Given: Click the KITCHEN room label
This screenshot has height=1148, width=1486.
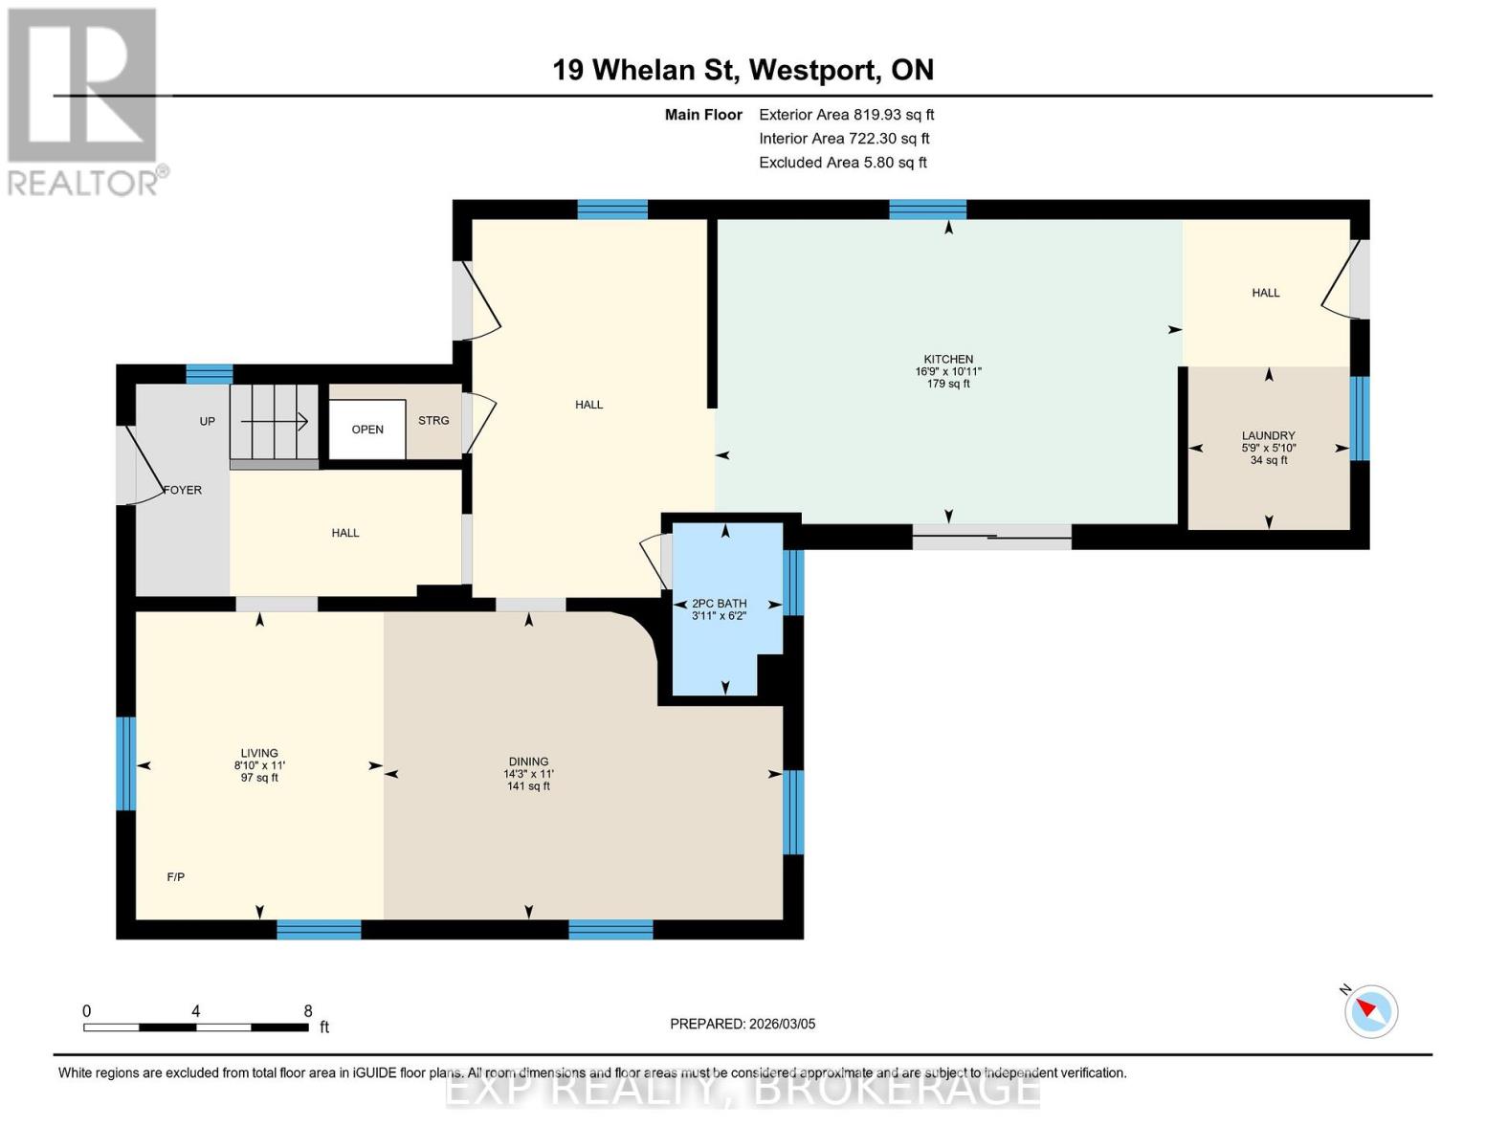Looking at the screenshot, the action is pyautogui.click(x=948, y=359).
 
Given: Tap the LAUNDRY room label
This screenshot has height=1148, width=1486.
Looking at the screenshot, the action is pyautogui.click(x=1269, y=435).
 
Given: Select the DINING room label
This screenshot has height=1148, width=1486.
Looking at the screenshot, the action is pyautogui.click(x=528, y=762).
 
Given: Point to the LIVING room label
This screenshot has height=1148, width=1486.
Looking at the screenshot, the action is pyautogui.click(x=259, y=753).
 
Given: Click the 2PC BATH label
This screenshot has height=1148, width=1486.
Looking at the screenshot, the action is pyautogui.click(x=719, y=604).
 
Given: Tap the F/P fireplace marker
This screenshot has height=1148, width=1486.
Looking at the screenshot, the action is pyautogui.click(x=176, y=877).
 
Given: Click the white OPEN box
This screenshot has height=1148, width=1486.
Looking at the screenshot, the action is pyautogui.click(x=367, y=430).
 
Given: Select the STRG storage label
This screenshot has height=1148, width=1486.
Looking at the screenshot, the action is pyautogui.click(x=433, y=421).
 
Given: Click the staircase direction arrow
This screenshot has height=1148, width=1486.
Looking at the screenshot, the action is pyautogui.click(x=275, y=422).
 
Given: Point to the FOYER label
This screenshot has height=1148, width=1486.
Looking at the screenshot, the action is pyautogui.click(x=183, y=490).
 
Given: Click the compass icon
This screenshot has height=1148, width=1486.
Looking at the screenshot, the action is pyautogui.click(x=1370, y=1011).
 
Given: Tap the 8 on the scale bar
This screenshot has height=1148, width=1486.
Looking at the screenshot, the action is pyautogui.click(x=308, y=1010).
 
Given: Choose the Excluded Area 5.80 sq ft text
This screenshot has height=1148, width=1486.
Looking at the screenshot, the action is pyautogui.click(x=842, y=163).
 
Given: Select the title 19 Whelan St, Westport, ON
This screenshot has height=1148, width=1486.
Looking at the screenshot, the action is pyautogui.click(x=743, y=70).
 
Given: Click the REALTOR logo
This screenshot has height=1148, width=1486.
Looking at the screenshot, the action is pyautogui.click(x=85, y=102).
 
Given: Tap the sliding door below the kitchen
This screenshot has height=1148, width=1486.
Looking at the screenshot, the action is pyautogui.click(x=991, y=538).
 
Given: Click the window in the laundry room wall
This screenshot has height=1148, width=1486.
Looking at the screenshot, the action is pyautogui.click(x=1360, y=418).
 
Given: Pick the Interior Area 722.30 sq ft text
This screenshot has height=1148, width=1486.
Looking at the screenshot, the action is pyautogui.click(x=844, y=139).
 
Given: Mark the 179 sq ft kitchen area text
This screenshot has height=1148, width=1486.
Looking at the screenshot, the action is pyautogui.click(x=948, y=384).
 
